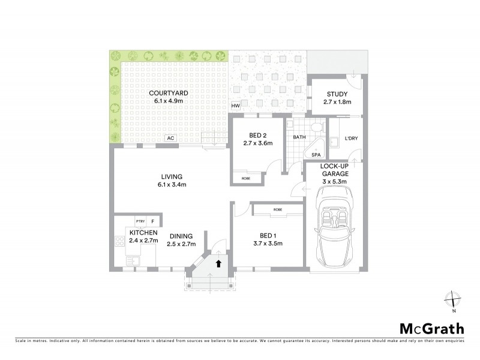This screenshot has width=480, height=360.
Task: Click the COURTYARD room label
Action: [169, 93]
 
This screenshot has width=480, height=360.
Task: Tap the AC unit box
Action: [170, 138]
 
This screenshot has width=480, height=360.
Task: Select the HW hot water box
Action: [235, 106]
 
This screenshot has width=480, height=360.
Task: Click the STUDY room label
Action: [337, 94]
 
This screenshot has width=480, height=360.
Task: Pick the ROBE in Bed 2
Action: [246, 178]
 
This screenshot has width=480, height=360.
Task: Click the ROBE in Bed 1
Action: [277, 210]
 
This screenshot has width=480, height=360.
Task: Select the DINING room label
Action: [181, 236]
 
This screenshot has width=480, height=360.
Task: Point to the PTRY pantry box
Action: [140, 221]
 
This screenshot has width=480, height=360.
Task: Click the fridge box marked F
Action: [152, 221]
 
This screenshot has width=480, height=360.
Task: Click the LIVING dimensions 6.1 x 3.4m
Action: [171, 184]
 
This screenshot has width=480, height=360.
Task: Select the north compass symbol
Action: [454, 300]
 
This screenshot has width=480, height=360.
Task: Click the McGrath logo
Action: [431, 328]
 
